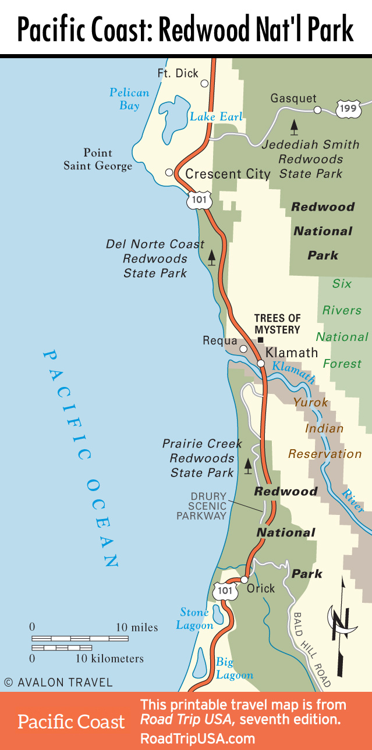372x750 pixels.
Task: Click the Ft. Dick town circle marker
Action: click(x=204, y=83)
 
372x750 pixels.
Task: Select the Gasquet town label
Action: click(x=293, y=98)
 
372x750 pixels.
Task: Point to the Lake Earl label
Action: click(x=215, y=117)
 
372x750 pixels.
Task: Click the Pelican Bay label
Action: click(x=129, y=99)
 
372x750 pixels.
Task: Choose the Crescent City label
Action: click(x=228, y=174)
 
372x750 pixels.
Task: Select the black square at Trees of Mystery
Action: click(x=260, y=340)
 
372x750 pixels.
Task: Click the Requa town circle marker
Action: click(x=243, y=349)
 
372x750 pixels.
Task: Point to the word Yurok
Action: click(x=310, y=402)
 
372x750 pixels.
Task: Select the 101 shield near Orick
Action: click(x=225, y=591)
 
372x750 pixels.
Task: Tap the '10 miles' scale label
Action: click(x=137, y=627)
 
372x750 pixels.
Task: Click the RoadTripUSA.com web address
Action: click(x=197, y=738)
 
